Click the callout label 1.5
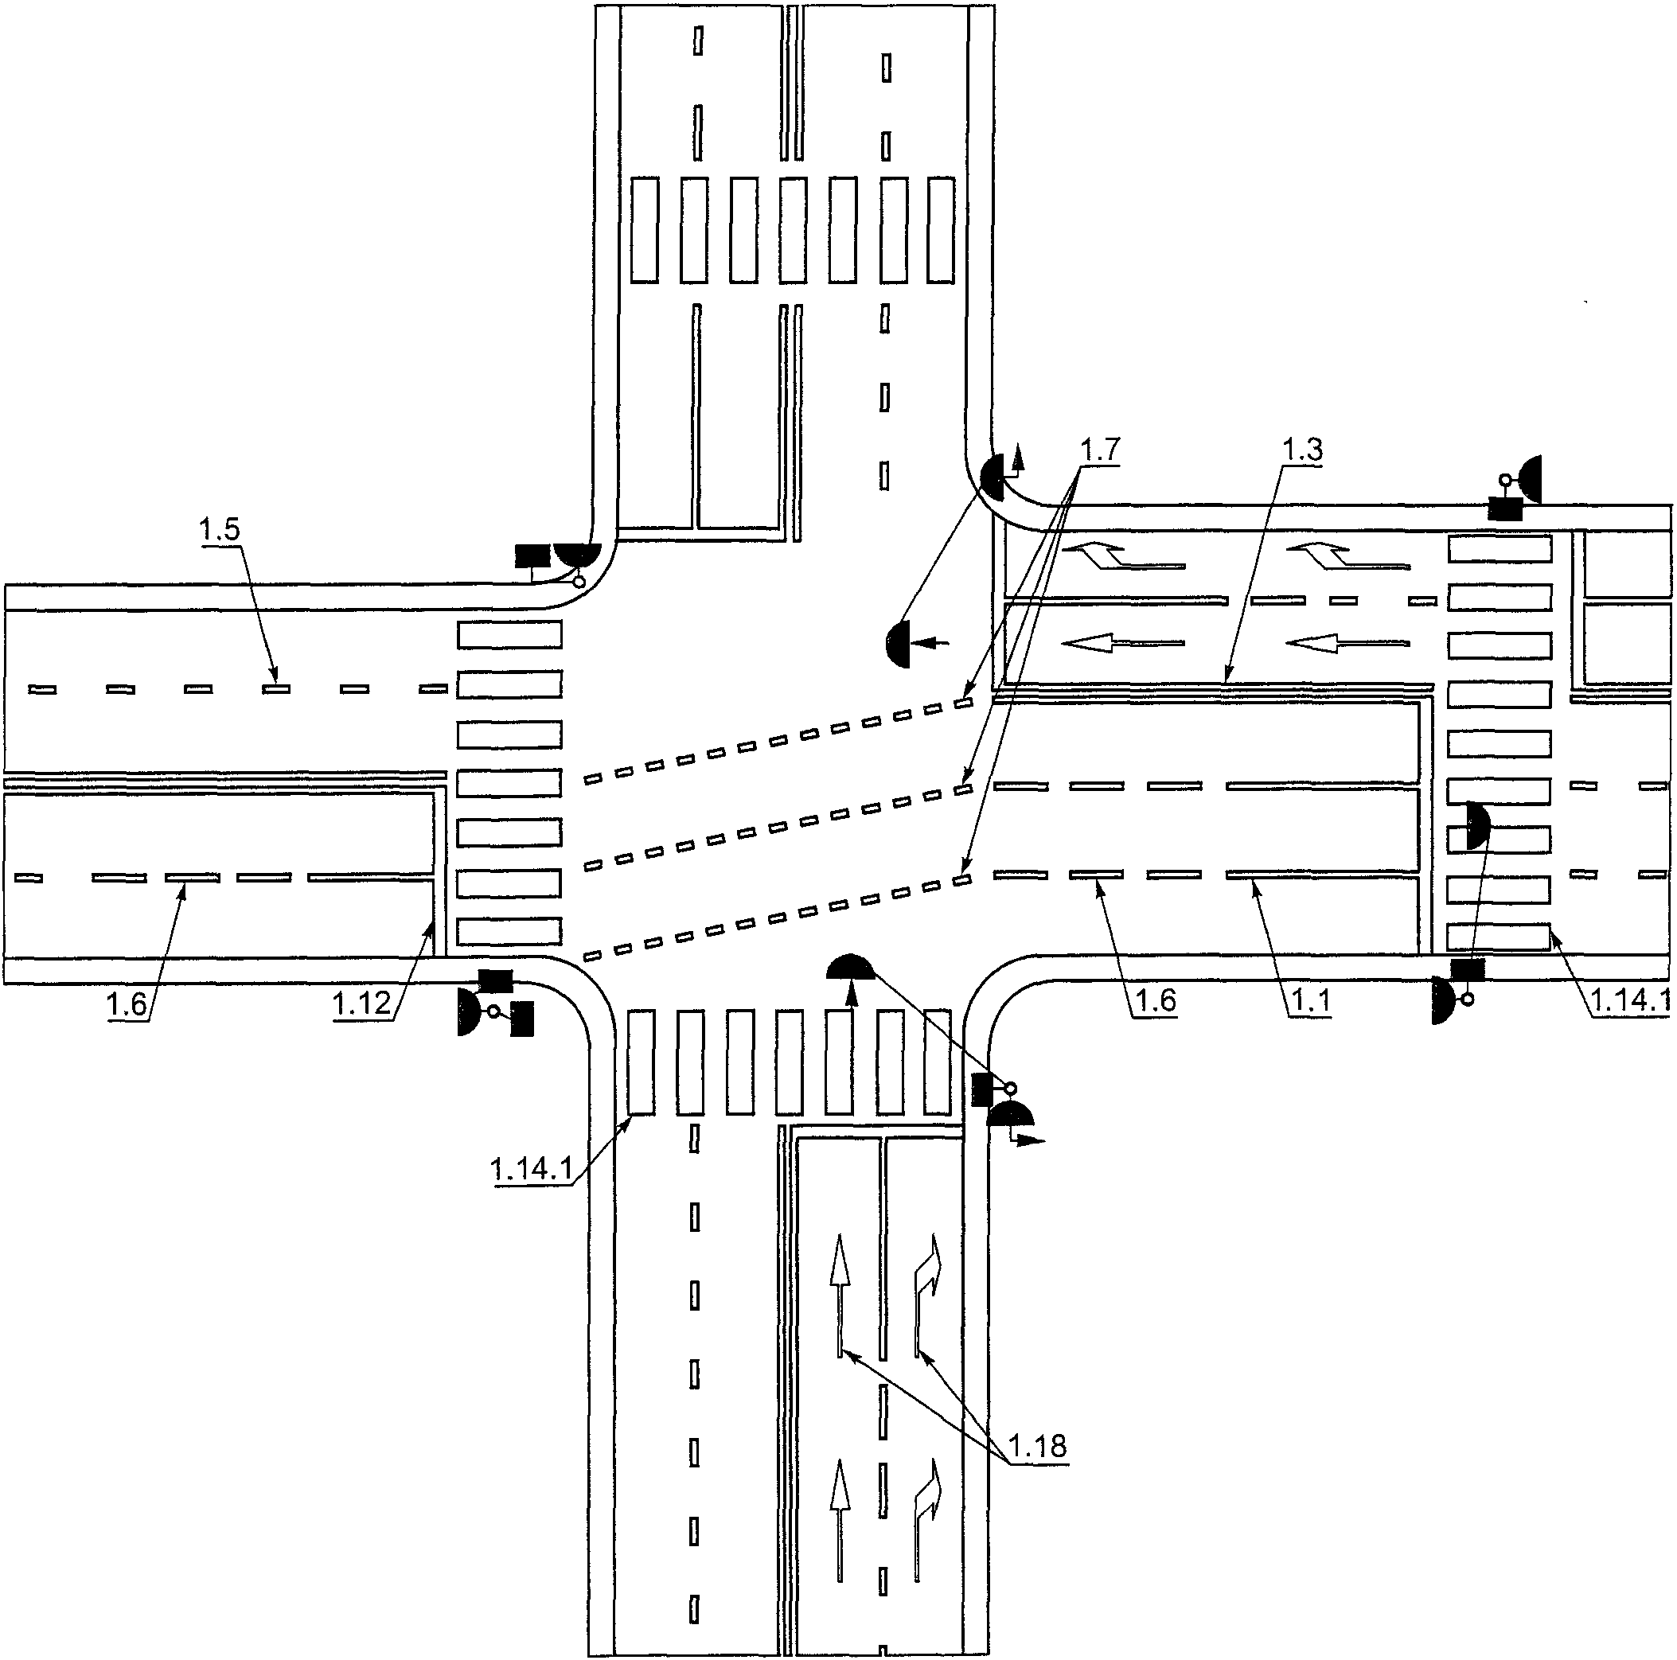[x=219, y=528]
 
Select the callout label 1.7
[x=1099, y=450]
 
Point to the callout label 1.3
[x=1302, y=450]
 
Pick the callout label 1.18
[x=1038, y=1446]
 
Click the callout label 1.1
[x=1310, y=1001]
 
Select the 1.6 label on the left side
[x=126, y=1004]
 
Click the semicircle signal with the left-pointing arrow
[x=898, y=643]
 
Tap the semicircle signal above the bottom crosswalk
[x=852, y=965]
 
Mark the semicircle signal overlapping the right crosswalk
[x=1477, y=825]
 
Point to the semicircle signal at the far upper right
[x=1530, y=479]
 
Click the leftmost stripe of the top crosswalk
[x=644, y=230]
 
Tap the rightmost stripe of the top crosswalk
[x=941, y=230]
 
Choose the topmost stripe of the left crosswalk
[x=509, y=634]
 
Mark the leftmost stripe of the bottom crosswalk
[x=641, y=1062]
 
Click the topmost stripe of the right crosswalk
[x=1499, y=549]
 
